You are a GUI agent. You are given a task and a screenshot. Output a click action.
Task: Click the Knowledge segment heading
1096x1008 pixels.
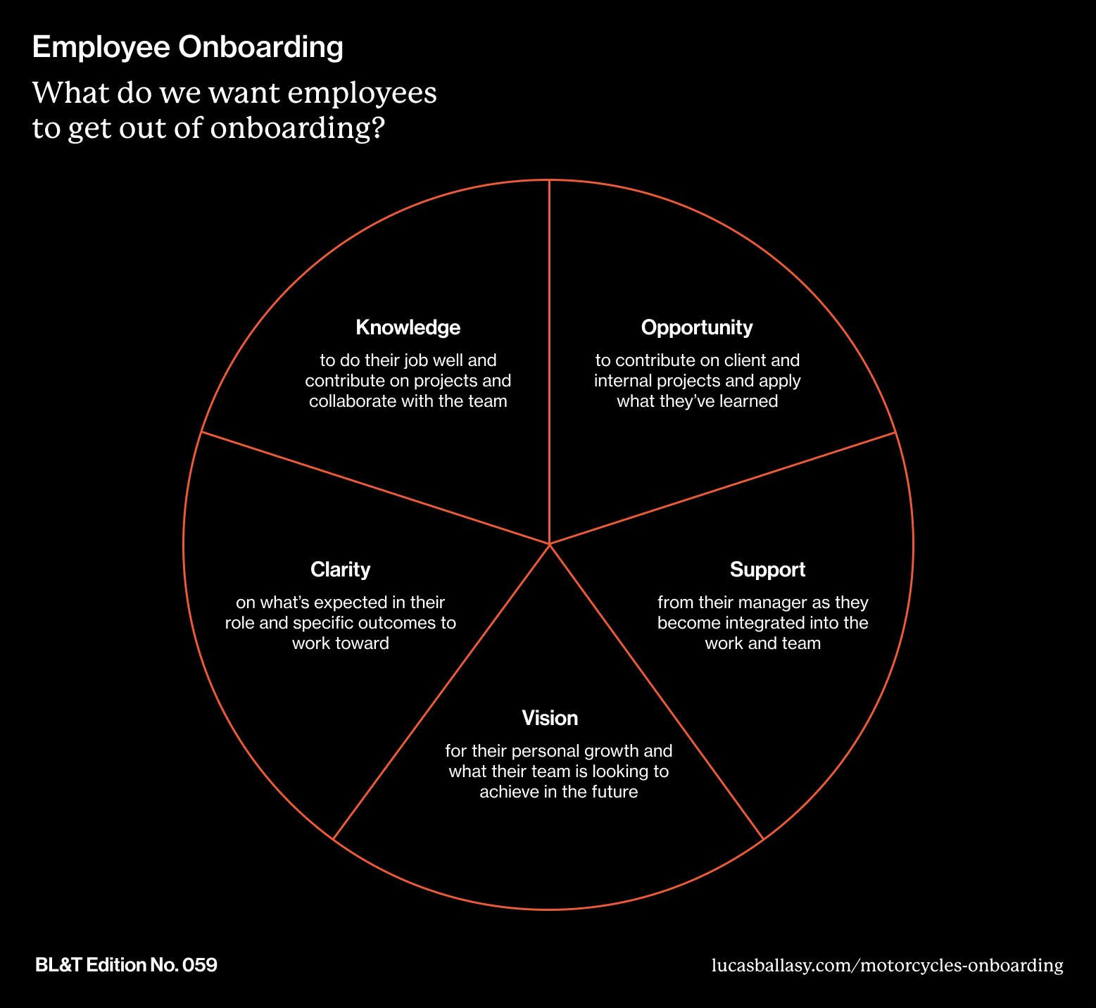pyautogui.click(x=408, y=327)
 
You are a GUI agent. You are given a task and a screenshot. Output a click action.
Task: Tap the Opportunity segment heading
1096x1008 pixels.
pyautogui.click(x=696, y=327)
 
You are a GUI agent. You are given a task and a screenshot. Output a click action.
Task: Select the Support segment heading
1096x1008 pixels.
pyautogui.click(x=767, y=569)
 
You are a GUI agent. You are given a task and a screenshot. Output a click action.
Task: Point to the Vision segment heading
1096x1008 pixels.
pyautogui.click(x=550, y=718)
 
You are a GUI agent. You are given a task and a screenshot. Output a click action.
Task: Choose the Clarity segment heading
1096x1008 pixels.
pyautogui.click(x=340, y=569)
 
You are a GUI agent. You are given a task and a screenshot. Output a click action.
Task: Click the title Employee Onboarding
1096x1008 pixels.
pyautogui.click(x=188, y=48)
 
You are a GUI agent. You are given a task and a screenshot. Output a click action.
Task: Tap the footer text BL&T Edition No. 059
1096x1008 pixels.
pyautogui.click(x=126, y=965)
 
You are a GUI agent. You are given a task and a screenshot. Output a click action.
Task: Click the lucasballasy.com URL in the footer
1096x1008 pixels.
pyautogui.click(x=887, y=965)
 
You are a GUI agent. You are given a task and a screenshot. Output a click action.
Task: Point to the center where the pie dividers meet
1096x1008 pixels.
pyautogui.click(x=549, y=544)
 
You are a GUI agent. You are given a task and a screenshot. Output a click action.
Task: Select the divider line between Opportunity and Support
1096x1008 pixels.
pyautogui.click(x=725, y=487)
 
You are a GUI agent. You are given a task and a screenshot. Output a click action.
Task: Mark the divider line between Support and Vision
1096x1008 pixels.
pyautogui.click(x=655, y=690)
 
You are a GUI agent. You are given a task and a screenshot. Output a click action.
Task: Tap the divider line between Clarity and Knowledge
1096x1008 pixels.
pyautogui.click(x=373, y=487)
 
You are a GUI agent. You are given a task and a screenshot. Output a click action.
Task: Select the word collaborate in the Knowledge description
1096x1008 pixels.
pyautogui.click(x=349, y=402)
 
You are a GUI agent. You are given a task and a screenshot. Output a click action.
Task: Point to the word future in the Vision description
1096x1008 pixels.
pyautogui.click(x=615, y=792)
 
